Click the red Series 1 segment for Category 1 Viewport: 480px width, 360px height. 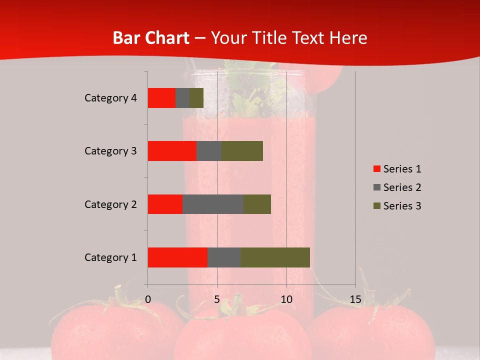pos(177,257)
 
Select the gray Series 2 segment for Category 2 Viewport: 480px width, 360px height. pos(213,204)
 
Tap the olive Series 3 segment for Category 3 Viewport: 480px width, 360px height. pos(242,151)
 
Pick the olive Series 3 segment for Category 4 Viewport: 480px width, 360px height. pos(196,98)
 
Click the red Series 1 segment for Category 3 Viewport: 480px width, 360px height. pos(172,151)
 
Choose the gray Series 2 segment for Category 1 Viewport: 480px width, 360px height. pos(224,257)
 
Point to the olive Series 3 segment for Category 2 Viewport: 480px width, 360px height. pos(257,204)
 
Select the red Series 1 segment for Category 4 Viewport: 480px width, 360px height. pos(161,98)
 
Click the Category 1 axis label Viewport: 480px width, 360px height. pos(110,257)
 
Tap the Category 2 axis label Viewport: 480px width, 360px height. pos(110,204)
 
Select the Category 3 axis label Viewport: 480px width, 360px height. pos(110,151)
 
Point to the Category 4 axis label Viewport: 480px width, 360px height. pos(110,98)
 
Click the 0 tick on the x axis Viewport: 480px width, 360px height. pos(148,299)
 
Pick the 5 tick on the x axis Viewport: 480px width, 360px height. pos(217,299)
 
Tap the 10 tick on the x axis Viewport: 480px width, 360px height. pos(286,299)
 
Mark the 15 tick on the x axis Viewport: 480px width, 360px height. pos(355,299)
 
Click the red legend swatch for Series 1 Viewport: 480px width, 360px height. pos(376,169)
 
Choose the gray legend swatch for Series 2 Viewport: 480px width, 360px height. pos(376,187)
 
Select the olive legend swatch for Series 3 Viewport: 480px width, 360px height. pos(376,206)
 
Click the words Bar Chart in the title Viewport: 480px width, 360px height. pos(151,38)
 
